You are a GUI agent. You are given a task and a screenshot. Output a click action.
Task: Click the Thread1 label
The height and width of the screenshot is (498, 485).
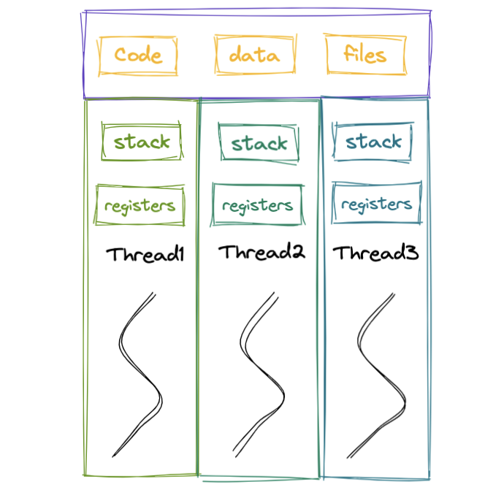tap(145, 254)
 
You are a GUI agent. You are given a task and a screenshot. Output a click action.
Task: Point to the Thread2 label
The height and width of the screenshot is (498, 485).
tap(261, 252)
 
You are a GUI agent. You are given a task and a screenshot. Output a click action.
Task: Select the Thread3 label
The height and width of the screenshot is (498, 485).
tap(375, 253)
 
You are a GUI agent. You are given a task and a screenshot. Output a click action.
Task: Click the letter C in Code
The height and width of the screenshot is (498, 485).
tap(121, 54)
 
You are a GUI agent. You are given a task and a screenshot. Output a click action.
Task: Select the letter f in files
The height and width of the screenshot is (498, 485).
tap(348, 53)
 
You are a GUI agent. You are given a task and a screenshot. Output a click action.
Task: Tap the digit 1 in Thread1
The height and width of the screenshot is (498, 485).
tap(182, 254)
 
